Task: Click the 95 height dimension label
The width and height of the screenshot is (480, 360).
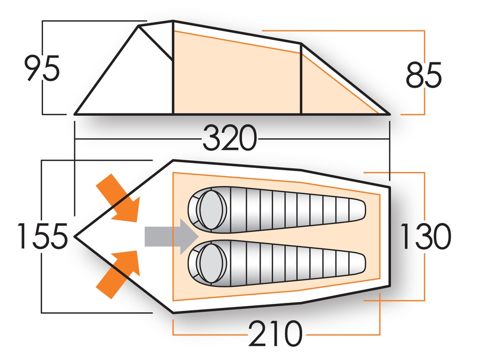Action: [42, 68]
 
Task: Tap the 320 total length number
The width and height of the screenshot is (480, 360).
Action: [230, 139]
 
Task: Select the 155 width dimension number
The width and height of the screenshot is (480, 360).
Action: [42, 236]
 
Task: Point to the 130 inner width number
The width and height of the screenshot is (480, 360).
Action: [425, 236]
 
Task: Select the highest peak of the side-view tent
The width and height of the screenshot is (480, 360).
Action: [173, 21]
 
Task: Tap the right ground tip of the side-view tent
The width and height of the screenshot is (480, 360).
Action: [389, 113]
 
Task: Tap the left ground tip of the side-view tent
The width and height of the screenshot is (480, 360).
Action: [76, 113]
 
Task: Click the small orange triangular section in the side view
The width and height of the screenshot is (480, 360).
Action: [328, 94]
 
